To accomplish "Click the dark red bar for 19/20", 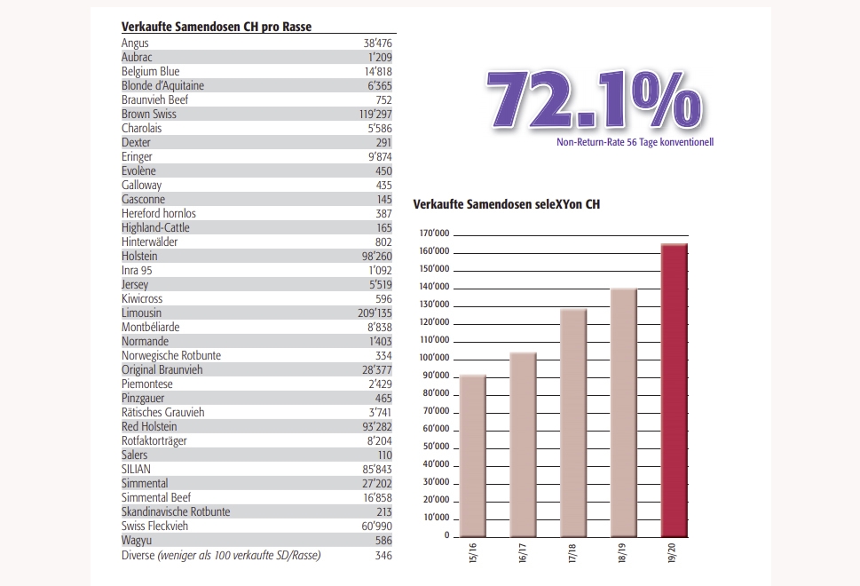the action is tap(675, 390).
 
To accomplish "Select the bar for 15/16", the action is tap(473, 455).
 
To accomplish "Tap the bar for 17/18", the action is tap(573, 423).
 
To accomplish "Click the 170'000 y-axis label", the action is tap(434, 234).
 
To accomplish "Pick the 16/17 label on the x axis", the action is tap(522, 553).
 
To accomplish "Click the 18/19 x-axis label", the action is tap(622, 553).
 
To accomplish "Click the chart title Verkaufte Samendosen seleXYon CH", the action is tap(506, 204).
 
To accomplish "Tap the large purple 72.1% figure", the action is tap(595, 100).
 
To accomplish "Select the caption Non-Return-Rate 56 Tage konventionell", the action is tap(635, 142).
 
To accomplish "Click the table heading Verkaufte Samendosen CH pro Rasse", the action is tap(216, 27).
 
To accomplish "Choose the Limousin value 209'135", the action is tap(375, 313).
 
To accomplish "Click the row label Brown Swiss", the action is tap(148, 115).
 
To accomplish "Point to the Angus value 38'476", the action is tap(377, 43).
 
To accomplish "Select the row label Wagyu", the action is tap(137, 541).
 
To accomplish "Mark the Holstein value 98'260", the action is tap(377, 257).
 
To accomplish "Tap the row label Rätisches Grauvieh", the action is tap(163, 412).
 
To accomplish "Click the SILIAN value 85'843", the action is tap(377, 469).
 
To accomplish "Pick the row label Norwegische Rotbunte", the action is tap(171, 355).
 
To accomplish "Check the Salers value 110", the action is tap(385, 455).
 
